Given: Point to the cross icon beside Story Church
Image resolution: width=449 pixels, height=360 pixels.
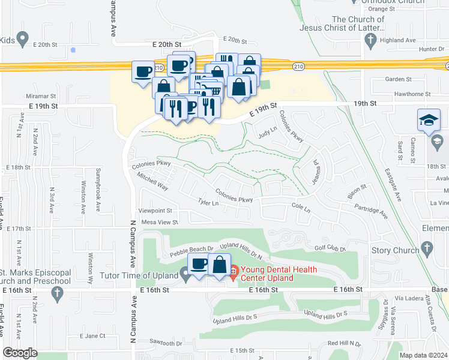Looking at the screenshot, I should click(427, 248).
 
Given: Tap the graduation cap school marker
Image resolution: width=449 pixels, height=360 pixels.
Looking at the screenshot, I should click(429, 121).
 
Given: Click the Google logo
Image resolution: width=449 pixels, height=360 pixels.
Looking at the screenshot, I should click(20, 353).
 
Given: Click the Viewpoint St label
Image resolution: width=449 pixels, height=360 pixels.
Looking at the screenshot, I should click(155, 211).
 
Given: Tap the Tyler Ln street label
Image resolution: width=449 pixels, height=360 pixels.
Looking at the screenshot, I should click(208, 203).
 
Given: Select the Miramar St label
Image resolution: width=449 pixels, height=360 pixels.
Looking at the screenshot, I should click(40, 96).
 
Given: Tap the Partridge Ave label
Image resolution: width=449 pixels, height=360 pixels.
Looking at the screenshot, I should click(371, 211).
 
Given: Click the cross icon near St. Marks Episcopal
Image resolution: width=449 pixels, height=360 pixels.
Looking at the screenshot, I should click(57, 293).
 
